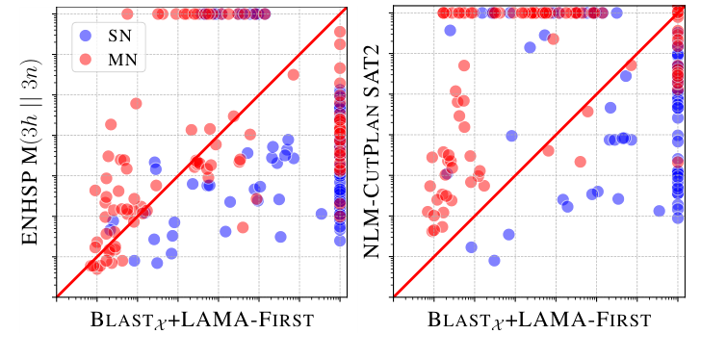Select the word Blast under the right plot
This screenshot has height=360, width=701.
pos(454,320)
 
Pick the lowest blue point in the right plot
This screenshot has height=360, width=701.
pos(494,261)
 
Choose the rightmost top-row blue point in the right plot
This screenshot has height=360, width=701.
pos(616,13)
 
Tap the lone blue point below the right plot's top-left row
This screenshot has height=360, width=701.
pos(450,31)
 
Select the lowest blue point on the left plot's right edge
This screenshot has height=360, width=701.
pos(340,241)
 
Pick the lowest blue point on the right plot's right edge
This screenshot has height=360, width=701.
pos(678,219)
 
